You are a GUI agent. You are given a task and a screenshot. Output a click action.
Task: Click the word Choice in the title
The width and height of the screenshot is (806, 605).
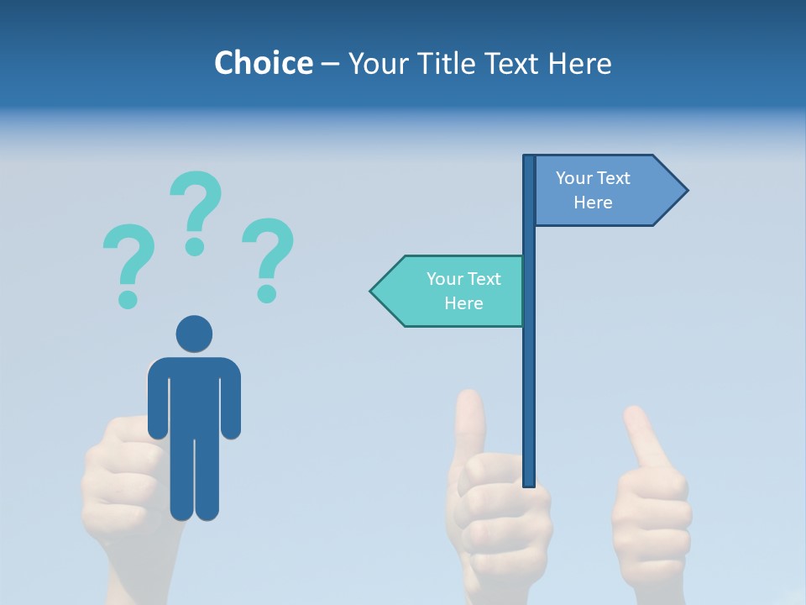pos(263,63)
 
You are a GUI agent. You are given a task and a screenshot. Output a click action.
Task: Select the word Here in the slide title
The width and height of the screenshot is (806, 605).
pos(580,63)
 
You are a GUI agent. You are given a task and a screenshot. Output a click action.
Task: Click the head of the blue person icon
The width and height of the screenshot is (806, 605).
pos(194,334)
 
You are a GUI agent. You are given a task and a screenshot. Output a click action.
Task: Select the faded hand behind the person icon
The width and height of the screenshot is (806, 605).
pos(126,487)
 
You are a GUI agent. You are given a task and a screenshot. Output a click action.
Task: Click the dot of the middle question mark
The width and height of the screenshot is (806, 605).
pos(195,246)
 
